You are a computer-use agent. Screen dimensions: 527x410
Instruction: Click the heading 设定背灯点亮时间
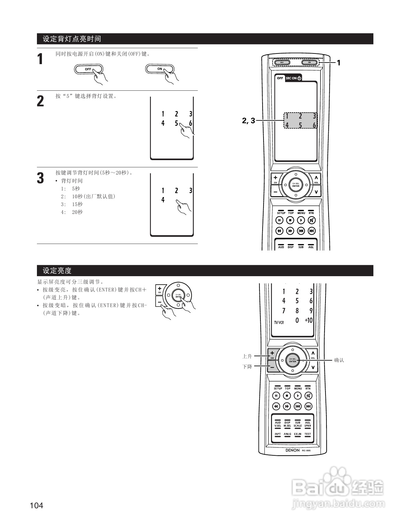72,39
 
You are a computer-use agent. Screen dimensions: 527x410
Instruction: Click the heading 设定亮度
57,271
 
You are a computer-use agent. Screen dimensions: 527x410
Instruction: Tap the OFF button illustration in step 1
88,69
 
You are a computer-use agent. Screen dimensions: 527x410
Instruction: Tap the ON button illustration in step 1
160,69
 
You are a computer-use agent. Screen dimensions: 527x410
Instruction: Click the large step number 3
40,178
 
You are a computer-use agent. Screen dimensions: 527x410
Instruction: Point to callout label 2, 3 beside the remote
249,120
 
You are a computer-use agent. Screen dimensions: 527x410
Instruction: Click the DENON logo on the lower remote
292,450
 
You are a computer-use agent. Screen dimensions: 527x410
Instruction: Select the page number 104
37,505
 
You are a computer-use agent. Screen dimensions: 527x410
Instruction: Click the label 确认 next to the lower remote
339,360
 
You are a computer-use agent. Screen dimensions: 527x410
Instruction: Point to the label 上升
247,356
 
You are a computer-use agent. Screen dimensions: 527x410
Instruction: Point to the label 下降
247,367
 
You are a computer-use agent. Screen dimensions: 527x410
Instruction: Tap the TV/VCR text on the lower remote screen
279,322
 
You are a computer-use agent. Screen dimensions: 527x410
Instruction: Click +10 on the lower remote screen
309,320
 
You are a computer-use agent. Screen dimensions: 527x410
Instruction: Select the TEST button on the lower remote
308,434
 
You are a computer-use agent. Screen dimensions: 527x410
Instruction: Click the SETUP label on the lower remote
278,388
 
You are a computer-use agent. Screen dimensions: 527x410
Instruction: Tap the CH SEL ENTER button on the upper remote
296,185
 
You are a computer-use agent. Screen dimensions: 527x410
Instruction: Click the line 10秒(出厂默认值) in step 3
94,196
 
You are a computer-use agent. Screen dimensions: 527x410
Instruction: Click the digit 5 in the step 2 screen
176,123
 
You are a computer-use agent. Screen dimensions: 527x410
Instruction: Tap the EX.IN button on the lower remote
298,434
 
